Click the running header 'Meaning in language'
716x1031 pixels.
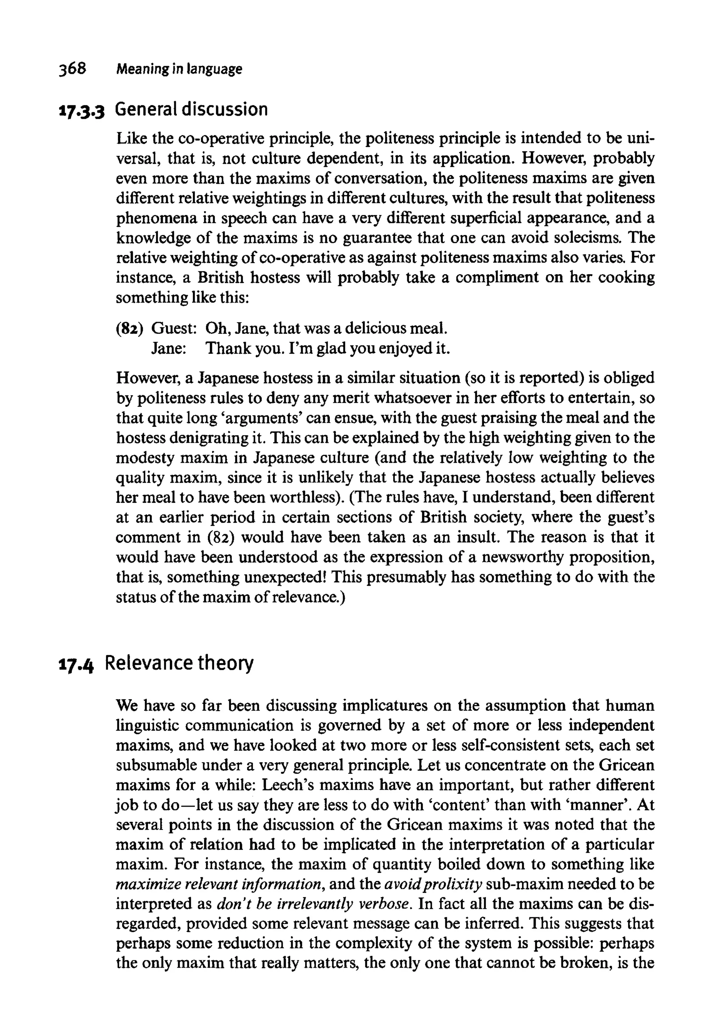179,70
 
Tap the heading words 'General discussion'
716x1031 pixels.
191,110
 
